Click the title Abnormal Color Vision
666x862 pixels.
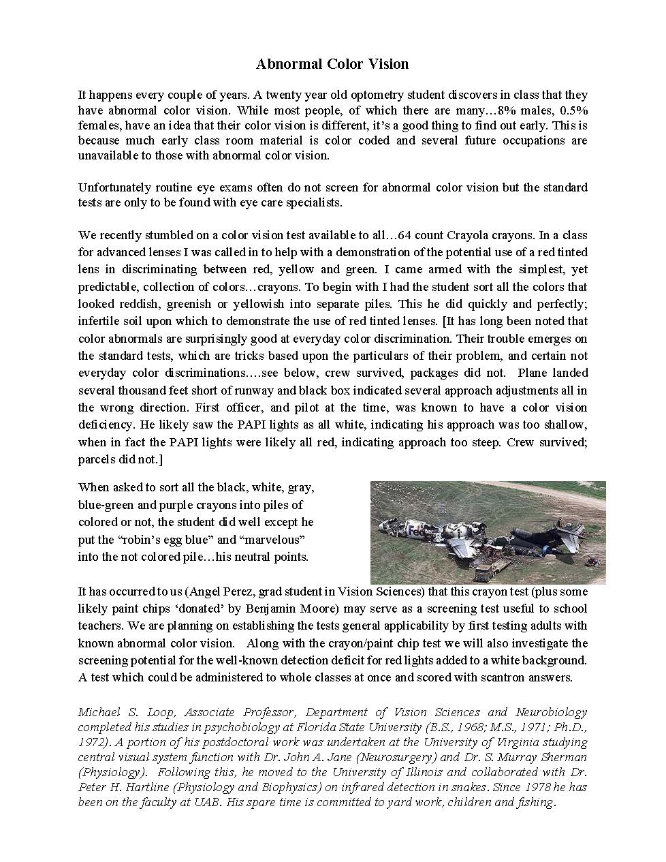click(332, 64)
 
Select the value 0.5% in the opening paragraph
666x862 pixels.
click(573, 110)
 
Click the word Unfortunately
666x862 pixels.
click(114, 187)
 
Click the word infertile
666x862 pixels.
click(97, 321)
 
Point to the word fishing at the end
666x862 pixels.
click(535, 802)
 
